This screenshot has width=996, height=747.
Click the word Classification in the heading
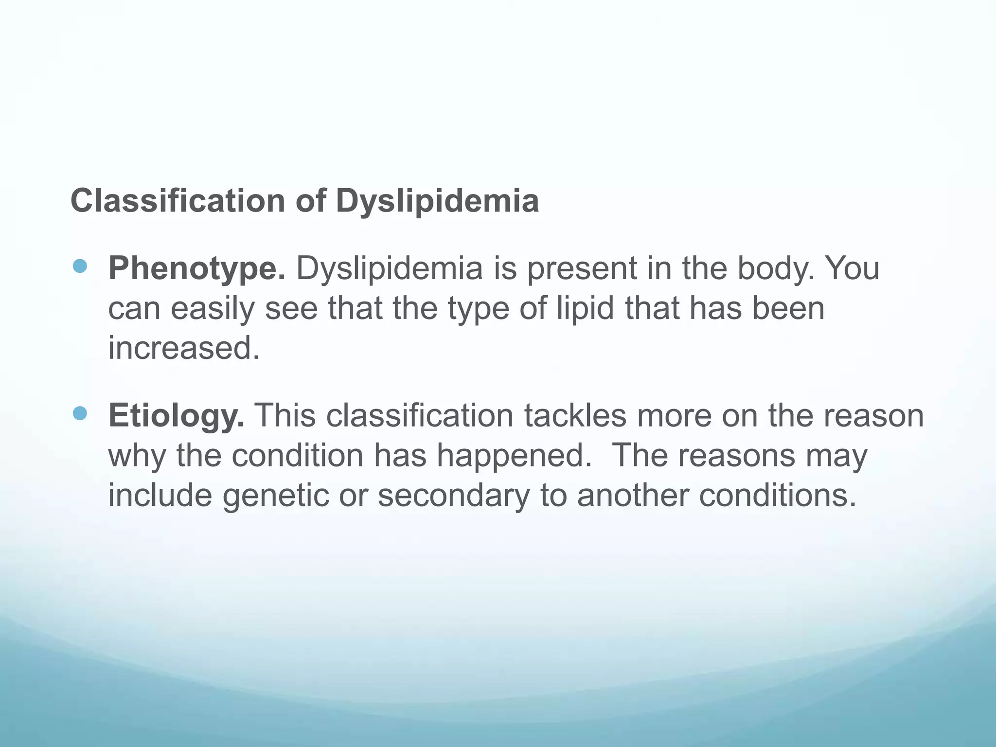178,200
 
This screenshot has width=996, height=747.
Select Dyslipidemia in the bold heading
437,201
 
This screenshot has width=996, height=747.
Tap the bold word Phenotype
196,268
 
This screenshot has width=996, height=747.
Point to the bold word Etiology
176,416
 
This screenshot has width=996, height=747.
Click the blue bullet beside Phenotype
79,266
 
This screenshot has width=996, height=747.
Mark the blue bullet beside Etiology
79,413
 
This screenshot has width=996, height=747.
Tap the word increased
184,348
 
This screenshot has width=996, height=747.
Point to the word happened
514,456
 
